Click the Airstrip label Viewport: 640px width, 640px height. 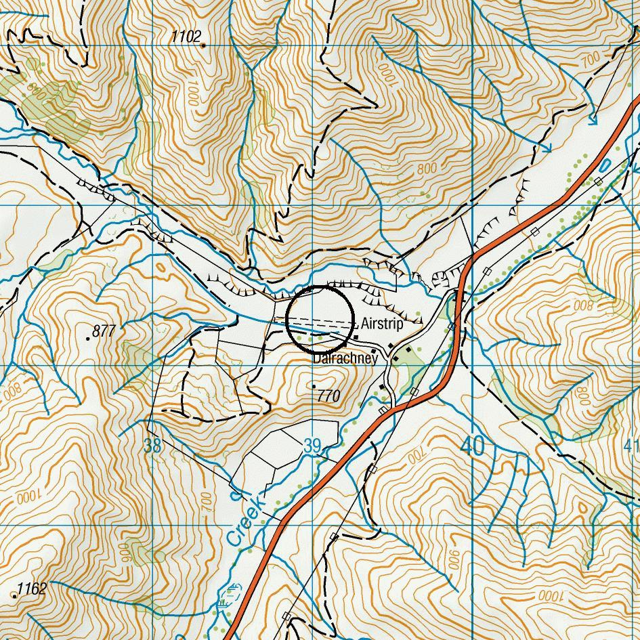(382, 324)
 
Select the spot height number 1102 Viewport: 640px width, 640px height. (186, 37)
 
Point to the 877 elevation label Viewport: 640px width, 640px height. (104, 331)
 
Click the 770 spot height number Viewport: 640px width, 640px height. (328, 396)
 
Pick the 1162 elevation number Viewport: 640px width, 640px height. (32, 589)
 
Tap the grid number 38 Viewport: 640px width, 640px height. (153, 446)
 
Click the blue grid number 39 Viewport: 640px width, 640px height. (312, 446)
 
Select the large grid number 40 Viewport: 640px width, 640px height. (472, 446)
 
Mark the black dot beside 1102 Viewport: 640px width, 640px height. (203, 45)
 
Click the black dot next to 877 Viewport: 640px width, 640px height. (89, 337)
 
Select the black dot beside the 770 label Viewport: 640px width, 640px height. (314, 386)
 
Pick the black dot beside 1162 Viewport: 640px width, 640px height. (15, 595)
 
